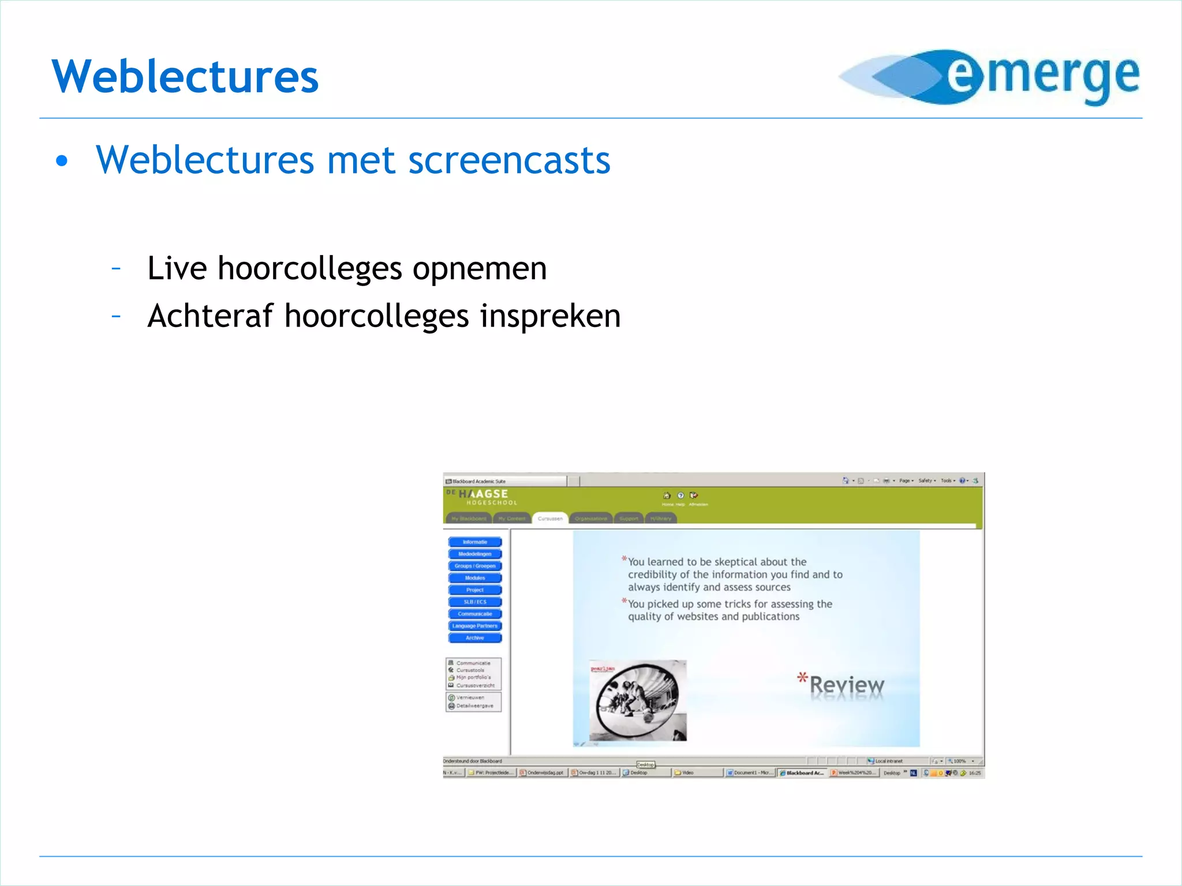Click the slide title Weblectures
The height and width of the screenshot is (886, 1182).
[x=185, y=76]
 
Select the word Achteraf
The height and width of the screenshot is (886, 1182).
[x=210, y=316]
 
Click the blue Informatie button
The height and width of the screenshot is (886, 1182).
[x=474, y=542]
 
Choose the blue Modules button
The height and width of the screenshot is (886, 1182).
[x=474, y=578]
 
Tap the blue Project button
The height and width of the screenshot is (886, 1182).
[x=474, y=590]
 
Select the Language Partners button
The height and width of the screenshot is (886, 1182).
[x=474, y=626]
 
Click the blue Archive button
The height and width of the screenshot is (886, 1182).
[x=474, y=638]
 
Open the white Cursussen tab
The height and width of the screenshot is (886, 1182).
[x=550, y=519]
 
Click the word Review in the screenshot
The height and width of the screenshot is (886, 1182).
[x=846, y=685]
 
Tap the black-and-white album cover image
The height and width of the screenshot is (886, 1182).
[x=638, y=701]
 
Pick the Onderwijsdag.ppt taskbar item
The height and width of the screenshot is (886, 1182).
[x=543, y=773]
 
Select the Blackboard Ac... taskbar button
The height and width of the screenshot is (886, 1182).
[x=802, y=773]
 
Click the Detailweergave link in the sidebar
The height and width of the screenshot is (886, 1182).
[x=474, y=706]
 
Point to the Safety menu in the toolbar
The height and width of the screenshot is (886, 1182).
[x=926, y=480]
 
